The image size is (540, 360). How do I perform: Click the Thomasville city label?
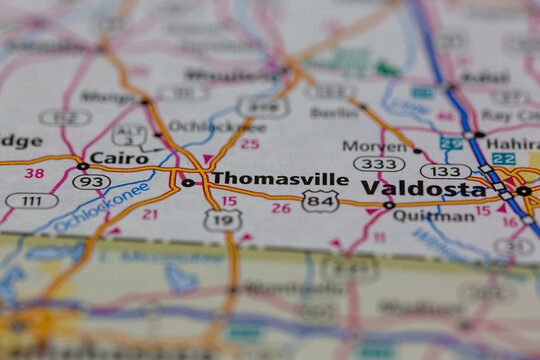click(279, 179)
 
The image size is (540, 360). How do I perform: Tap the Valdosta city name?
click(423, 188)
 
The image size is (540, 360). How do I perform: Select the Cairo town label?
click(119, 157)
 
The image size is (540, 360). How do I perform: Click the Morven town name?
click(376, 146)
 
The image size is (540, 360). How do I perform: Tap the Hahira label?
click(513, 143)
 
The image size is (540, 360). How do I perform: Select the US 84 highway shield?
click(320, 201)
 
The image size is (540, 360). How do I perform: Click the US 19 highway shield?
click(223, 220)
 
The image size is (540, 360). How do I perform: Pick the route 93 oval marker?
click(91, 181)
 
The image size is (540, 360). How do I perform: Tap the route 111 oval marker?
click(31, 201)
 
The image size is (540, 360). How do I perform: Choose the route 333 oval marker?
click(378, 164)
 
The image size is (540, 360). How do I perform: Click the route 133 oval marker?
click(445, 171)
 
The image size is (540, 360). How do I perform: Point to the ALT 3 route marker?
click(129, 134)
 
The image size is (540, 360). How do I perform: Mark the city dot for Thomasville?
click(187, 183)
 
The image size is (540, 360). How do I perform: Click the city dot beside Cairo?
click(83, 166)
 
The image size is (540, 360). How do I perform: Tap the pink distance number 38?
click(34, 173)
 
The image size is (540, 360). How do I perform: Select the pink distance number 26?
click(281, 208)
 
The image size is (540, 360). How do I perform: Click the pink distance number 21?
click(149, 214)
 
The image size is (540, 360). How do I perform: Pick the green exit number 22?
click(503, 159)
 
